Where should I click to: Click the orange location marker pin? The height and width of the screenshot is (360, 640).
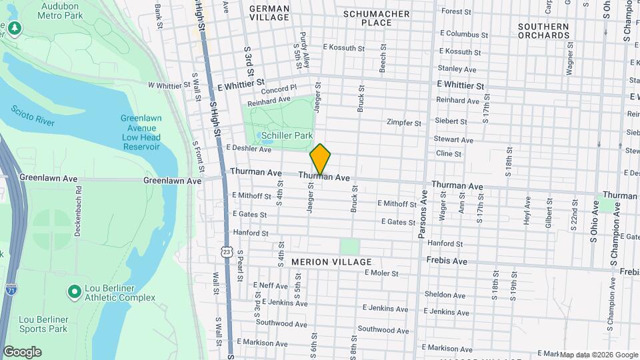320,159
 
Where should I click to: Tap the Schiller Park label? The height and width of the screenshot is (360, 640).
287,135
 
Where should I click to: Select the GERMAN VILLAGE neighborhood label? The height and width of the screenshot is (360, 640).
269,13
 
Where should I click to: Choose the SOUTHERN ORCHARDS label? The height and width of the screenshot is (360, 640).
543,31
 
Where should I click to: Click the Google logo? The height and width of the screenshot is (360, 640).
22,352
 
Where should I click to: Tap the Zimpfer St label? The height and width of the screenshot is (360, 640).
404,123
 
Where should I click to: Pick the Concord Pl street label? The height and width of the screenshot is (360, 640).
279,89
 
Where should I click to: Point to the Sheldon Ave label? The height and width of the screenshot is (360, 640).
445,294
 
